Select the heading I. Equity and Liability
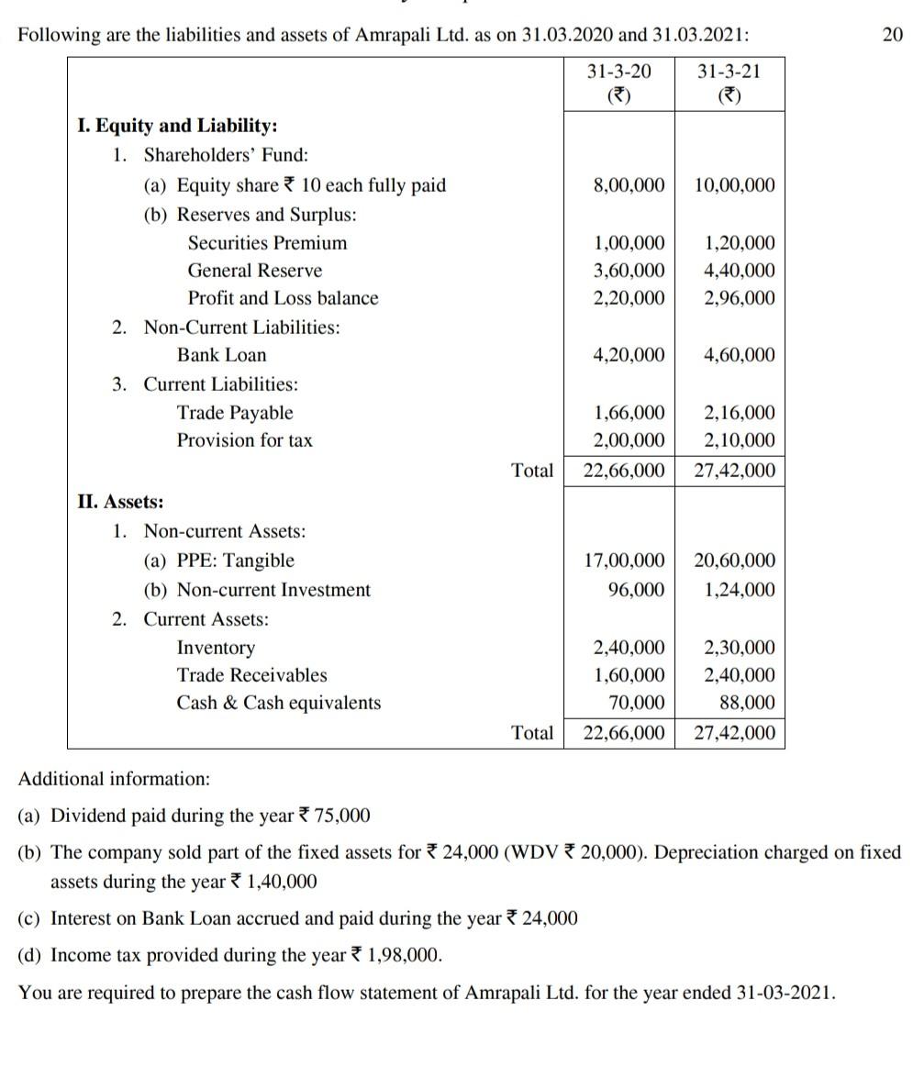click(177, 126)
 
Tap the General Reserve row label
click(255, 271)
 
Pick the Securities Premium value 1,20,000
click(740, 243)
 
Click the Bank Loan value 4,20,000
click(629, 355)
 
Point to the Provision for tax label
click(244, 440)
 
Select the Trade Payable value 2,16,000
click(740, 413)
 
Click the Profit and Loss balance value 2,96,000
click(740, 298)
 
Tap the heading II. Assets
click(120, 502)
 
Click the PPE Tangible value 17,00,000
click(624, 561)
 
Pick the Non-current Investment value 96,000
click(637, 590)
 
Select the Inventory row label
click(216, 648)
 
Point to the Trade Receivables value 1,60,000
click(629, 676)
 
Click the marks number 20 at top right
click(892, 35)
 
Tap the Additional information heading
click(114, 779)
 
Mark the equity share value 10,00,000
click(734, 185)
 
